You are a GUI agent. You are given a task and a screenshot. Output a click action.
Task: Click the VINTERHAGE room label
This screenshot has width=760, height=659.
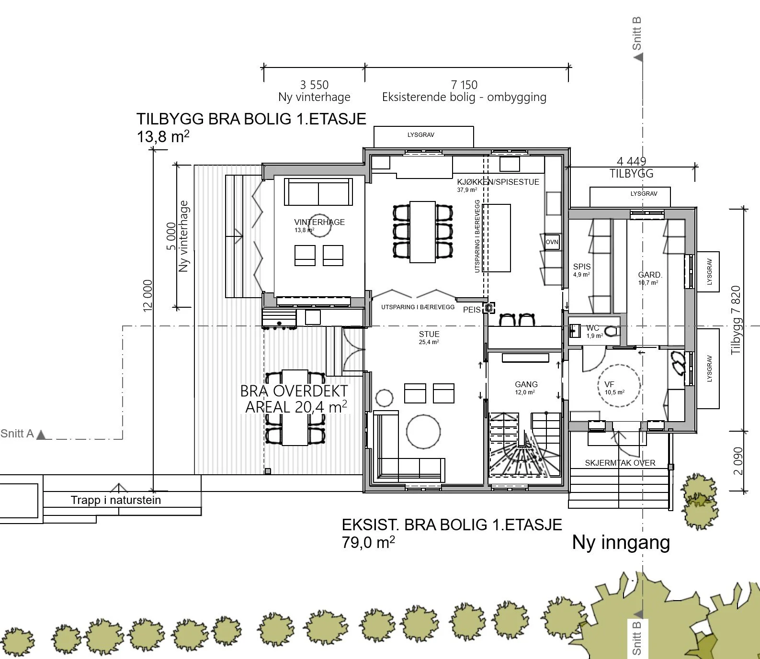[x=319, y=222]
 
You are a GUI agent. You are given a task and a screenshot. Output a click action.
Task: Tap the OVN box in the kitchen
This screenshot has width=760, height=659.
[x=552, y=242]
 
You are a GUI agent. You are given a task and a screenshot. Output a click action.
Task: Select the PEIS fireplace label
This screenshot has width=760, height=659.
[x=472, y=310]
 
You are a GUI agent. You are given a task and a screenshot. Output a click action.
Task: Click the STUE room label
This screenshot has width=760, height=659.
[x=429, y=334]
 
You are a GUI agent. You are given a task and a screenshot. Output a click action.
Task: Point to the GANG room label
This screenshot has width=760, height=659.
[x=526, y=384]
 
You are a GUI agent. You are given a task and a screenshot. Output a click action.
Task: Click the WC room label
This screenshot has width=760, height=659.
[x=593, y=328]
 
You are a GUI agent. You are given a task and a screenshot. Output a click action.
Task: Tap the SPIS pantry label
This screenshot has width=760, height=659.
[x=582, y=267]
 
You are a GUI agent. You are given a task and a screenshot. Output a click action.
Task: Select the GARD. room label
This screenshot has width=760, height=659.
[x=650, y=275]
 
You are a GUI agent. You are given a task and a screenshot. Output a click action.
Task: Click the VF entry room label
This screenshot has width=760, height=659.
[x=609, y=384]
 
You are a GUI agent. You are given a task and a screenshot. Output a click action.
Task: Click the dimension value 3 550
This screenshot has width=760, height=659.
[x=314, y=85]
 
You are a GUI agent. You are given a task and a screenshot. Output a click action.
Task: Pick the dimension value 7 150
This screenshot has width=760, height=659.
[x=464, y=85]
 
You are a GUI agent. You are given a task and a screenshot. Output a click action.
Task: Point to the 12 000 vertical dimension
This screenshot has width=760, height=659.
[x=147, y=296]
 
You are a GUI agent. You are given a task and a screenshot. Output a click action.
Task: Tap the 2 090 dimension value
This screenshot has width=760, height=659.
[x=738, y=461]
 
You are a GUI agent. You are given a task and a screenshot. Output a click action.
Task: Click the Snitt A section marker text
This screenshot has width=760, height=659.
[x=17, y=434]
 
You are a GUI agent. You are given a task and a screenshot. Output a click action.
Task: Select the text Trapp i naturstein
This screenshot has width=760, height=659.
[x=116, y=500]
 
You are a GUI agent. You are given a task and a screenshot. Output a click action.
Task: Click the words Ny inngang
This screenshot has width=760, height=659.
[x=621, y=543]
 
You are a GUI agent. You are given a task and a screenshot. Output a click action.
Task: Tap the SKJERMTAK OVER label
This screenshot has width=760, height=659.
[x=620, y=463]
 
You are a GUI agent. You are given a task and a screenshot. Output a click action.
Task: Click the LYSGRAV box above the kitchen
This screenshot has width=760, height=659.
[x=423, y=137]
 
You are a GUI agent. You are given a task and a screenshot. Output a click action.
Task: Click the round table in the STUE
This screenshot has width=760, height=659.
[x=423, y=431]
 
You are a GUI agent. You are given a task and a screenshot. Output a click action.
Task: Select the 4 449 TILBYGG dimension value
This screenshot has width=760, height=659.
[x=631, y=161]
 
